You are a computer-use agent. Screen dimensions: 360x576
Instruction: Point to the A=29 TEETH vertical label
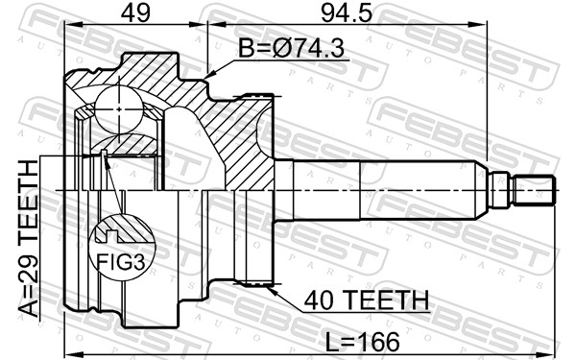[27, 239]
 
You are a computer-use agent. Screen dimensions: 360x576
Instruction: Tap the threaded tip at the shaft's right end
[538, 189]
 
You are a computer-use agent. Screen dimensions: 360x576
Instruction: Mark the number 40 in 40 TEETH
[318, 301]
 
